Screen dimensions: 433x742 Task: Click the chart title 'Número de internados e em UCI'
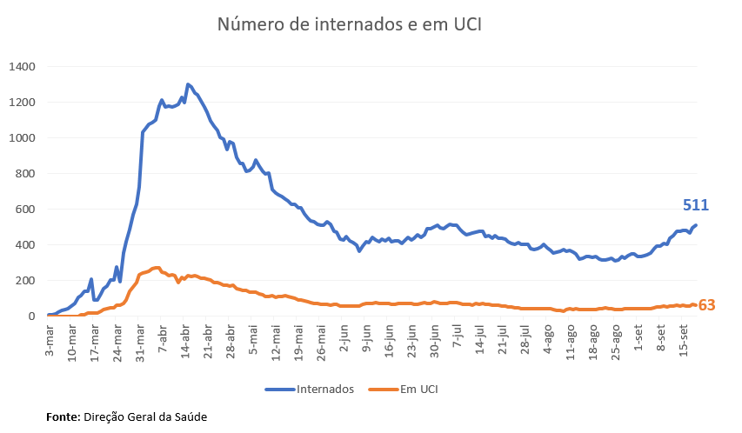[x=349, y=24]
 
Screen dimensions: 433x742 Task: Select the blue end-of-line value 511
[x=696, y=206]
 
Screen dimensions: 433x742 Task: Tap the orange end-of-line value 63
[x=706, y=305]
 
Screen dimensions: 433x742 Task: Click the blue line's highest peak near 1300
[x=188, y=84]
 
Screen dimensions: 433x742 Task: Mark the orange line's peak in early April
[x=157, y=267]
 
